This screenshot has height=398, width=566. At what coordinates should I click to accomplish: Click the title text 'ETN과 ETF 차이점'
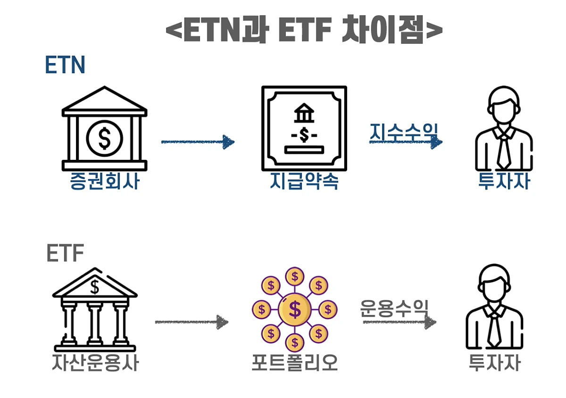pos(304,29)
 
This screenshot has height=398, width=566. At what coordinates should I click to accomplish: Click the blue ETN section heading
pos(65,65)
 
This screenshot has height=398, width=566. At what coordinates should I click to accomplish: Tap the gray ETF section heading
pos(65,253)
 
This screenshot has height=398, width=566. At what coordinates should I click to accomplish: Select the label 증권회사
pos(104,181)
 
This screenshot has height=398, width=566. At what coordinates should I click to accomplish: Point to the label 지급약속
pos(304,181)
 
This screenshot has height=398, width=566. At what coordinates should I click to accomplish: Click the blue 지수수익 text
pos(404,132)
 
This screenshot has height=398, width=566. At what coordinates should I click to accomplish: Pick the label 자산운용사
pos(95,363)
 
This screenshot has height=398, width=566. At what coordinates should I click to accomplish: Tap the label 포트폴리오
pos(295,363)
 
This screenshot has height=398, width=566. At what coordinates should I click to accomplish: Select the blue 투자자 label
pos(504,181)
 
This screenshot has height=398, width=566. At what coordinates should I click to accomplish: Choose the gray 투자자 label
pos(494,363)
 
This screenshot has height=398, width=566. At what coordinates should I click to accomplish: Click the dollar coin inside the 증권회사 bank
pos(105,139)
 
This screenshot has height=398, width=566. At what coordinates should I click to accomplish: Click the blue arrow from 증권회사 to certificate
pos(198,142)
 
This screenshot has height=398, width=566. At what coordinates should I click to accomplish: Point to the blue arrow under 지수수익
pos(406,142)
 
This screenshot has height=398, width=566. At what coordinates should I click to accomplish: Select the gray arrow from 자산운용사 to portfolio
pos(192,322)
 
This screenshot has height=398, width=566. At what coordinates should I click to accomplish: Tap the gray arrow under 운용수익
pos(400,322)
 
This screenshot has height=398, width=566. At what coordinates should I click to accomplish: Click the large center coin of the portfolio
pos(295,309)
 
